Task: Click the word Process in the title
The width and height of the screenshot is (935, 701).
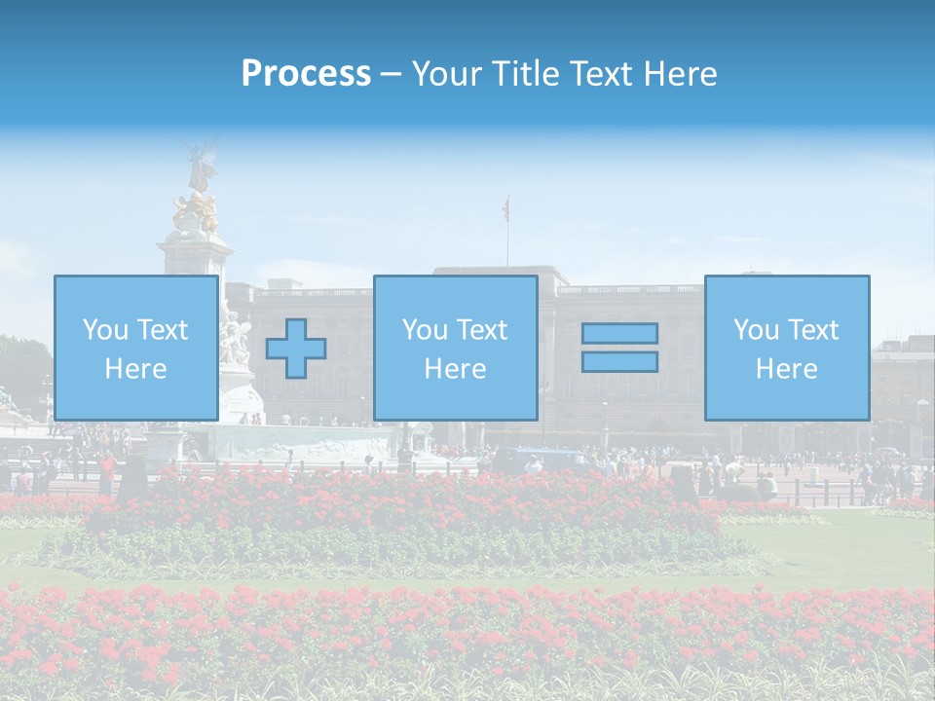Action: coord(306,74)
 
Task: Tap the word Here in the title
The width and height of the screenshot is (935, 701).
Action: coord(679,74)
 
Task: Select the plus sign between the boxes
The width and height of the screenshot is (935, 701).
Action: coord(296,348)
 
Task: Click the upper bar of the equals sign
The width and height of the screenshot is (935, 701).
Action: coord(619,333)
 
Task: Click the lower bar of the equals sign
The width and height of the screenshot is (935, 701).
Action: coord(619,361)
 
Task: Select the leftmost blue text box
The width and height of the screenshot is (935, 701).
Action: coord(135,348)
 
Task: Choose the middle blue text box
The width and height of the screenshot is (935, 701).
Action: coord(455,348)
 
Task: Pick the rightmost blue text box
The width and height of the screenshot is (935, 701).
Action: coord(787,348)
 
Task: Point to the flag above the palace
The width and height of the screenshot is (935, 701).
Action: coord(505,206)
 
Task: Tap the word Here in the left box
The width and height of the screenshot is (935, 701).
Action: coord(135,369)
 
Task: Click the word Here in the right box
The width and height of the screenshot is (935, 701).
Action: coord(787,369)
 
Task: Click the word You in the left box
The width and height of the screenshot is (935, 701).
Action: coord(105,330)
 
